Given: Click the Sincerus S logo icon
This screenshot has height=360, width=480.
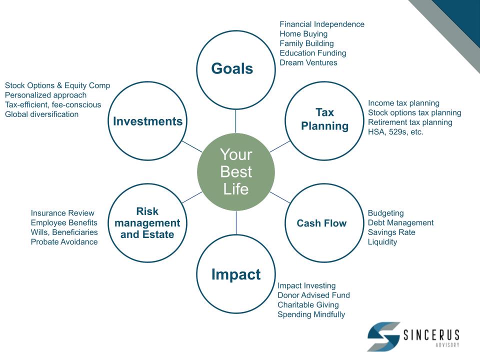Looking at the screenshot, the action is click(384, 336).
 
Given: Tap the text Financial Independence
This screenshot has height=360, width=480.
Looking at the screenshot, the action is click(322, 24).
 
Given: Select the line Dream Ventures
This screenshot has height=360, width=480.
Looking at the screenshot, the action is click(308, 62).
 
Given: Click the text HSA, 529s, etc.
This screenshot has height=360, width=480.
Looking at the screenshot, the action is click(395, 132).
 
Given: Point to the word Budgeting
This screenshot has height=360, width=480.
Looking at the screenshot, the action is click(385, 213).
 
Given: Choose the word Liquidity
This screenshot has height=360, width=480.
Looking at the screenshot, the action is click(382, 242).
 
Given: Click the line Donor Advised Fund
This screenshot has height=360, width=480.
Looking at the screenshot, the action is click(313, 295).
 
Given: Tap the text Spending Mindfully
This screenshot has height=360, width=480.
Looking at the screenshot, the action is click(311, 314).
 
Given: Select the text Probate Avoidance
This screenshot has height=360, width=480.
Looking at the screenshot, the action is click(64, 242).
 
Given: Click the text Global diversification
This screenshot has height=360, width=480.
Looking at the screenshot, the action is click(41, 114).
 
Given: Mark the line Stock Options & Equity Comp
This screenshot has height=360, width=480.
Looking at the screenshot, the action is click(57, 85).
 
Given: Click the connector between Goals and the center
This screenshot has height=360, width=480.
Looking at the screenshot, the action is click(235, 121).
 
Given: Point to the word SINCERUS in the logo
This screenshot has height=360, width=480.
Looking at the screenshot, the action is click(431, 335).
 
